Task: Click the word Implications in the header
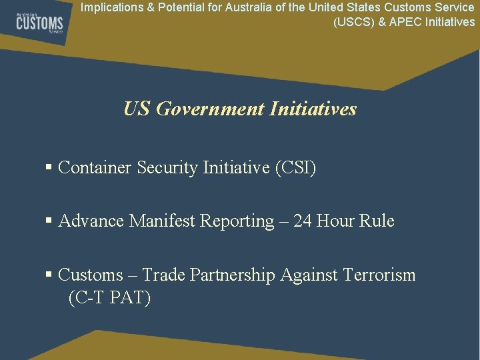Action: coord(109,8)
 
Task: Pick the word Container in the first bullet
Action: coord(95,168)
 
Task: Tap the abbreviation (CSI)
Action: coord(295,168)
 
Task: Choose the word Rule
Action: coord(377,221)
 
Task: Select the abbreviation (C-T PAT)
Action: coord(110,298)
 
